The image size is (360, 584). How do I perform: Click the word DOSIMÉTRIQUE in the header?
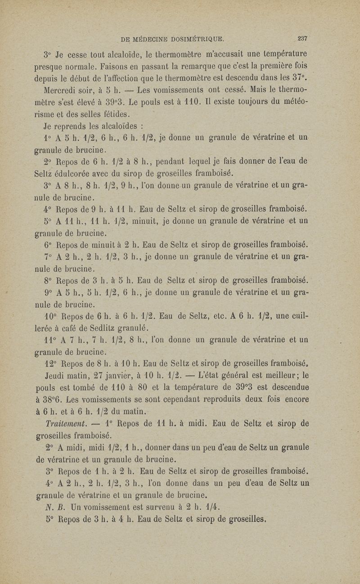point(199,38)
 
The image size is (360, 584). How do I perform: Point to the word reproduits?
point(212,396)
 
